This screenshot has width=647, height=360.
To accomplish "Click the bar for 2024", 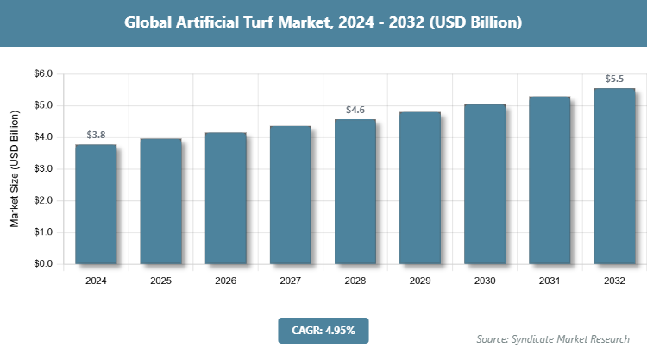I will click(x=96, y=204).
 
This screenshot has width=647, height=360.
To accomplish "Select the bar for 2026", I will click(x=225, y=198).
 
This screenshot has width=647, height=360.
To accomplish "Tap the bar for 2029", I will click(x=419, y=187).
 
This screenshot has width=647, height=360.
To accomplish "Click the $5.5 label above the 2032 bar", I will click(x=614, y=79).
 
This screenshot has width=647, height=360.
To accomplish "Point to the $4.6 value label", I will click(x=355, y=111).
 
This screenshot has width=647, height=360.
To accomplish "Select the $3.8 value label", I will click(x=96, y=136).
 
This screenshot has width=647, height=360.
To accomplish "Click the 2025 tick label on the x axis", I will click(x=160, y=281).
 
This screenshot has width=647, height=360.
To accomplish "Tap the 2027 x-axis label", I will click(x=290, y=281).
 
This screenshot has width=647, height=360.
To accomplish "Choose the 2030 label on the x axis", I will click(x=485, y=281).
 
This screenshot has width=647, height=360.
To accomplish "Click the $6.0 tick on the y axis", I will click(x=42, y=74).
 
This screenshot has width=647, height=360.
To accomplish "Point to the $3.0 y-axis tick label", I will click(x=42, y=169).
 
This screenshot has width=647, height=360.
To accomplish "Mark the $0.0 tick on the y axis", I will click(x=42, y=264).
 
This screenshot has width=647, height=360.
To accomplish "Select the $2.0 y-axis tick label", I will click(x=42, y=201).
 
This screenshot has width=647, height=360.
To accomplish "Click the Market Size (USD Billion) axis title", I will click(x=15, y=169).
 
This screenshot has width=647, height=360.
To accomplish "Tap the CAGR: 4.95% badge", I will click(x=323, y=330).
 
